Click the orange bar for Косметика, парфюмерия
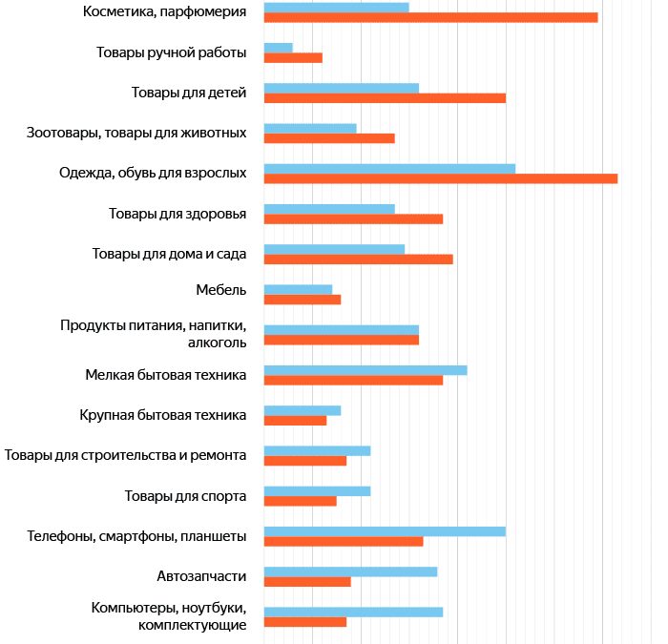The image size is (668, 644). (430, 17)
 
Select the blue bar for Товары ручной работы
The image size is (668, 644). (278, 48)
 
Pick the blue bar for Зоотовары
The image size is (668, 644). (310, 128)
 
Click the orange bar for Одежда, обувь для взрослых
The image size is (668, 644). (440, 178)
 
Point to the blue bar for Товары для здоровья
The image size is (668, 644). (329, 209)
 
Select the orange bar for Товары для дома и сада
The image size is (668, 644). (358, 259)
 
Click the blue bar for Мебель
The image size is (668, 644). (298, 289)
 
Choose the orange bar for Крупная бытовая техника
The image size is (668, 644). (295, 420)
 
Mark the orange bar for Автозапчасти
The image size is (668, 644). (307, 581)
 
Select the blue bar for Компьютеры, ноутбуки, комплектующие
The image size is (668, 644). (353, 612)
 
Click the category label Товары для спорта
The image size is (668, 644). (186, 496)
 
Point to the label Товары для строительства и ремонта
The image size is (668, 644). (126, 455)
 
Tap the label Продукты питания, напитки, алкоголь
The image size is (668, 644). (154, 334)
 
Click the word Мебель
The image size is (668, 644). (220, 290)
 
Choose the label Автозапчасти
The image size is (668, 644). (201, 576)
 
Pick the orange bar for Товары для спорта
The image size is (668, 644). (300, 501)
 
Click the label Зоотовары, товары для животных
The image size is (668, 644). (137, 133)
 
